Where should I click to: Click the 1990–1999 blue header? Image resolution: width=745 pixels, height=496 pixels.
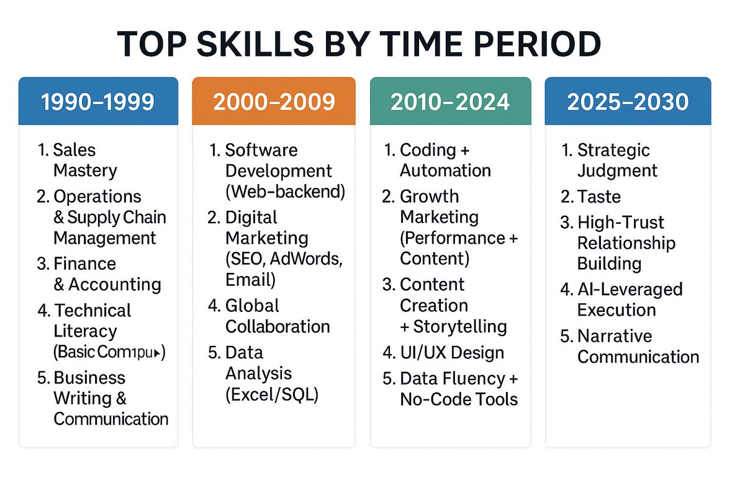[x=98, y=102]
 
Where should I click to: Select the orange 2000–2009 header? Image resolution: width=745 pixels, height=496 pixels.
[x=274, y=102]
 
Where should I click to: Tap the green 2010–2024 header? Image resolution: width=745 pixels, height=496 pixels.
[x=450, y=102]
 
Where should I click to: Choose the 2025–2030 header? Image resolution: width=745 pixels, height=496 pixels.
[x=627, y=102]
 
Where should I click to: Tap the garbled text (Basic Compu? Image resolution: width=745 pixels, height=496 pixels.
[x=108, y=352]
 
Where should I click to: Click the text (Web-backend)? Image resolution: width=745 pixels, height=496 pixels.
[x=284, y=192]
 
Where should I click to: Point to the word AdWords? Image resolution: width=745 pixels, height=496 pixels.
[x=307, y=259]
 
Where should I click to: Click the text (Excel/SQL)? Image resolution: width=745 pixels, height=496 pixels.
[x=271, y=394]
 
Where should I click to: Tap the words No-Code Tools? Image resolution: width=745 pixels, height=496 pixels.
[x=459, y=399]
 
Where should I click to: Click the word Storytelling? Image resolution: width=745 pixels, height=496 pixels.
[x=459, y=327]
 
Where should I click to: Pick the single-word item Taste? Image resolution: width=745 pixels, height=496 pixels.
[x=598, y=197]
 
